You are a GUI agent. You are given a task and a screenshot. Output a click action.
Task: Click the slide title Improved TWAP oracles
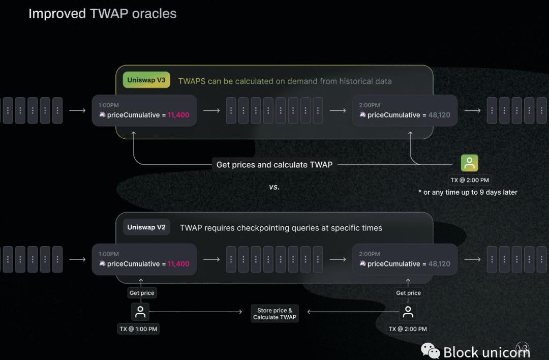pyautogui.click(x=102, y=14)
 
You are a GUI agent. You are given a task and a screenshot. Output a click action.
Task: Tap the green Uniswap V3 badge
pyautogui.click(x=146, y=80)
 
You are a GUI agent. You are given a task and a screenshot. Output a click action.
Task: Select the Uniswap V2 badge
pyautogui.click(x=146, y=227)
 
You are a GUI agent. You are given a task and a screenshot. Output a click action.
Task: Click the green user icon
pyautogui.click(x=469, y=163)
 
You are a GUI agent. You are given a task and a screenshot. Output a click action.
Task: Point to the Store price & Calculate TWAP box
pyautogui.click(x=274, y=314)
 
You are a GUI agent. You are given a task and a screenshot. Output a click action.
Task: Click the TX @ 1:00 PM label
pyautogui.click(x=138, y=329)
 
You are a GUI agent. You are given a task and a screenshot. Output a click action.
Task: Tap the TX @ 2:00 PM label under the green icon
pyautogui.click(x=469, y=180)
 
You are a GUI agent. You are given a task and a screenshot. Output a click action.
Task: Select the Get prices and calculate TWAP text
pyautogui.click(x=274, y=165)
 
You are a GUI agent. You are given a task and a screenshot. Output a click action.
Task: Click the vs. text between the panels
pyautogui.click(x=274, y=187)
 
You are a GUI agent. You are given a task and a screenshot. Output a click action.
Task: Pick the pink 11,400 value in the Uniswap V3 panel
pyautogui.click(x=178, y=115)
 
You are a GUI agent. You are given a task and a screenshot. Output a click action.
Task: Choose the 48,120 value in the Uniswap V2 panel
pyautogui.click(x=439, y=264)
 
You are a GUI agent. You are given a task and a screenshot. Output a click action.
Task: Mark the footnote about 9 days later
pyautogui.click(x=468, y=192)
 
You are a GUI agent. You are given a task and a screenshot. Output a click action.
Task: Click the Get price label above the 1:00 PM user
pyautogui.click(x=141, y=293)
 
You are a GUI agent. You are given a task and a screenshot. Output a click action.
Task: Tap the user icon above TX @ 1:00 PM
pyautogui.click(x=140, y=312)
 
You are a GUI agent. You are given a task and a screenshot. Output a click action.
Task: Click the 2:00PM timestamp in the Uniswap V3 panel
pyautogui.click(x=370, y=105)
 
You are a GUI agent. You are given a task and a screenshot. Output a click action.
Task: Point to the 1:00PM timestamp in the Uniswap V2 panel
pyautogui.click(x=109, y=254)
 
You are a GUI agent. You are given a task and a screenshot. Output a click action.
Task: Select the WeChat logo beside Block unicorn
pyautogui.click(x=431, y=350)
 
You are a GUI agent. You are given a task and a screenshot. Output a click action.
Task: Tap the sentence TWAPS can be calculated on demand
pyautogui.click(x=285, y=81)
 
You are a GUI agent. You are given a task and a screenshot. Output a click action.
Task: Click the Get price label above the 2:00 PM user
pyautogui.click(x=408, y=293)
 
